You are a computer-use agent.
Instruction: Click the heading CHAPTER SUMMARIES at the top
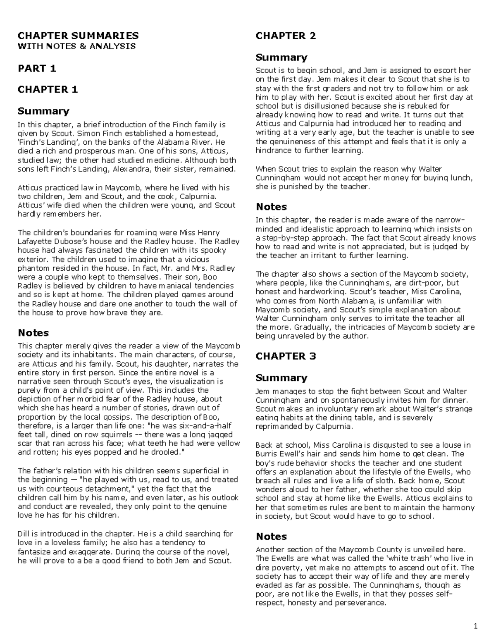(x=78, y=36)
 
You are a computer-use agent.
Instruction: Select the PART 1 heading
(x=37, y=68)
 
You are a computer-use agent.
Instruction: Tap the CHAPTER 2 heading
(x=286, y=36)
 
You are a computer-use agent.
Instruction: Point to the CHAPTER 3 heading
(x=286, y=356)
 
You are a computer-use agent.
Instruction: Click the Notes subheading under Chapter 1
(x=33, y=333)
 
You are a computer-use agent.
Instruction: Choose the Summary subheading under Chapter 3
(x=281, y=377)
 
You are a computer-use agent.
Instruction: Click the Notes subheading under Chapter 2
(x=271, y=207)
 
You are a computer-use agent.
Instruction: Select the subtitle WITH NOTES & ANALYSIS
(x=76, y=46)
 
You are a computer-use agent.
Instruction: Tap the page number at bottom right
(x=475, y=626)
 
